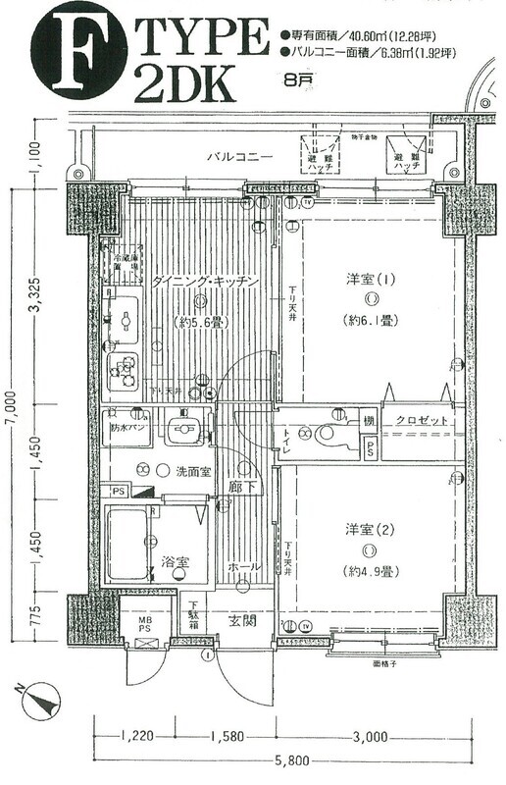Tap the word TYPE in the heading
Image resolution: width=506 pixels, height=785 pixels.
pos(204,38)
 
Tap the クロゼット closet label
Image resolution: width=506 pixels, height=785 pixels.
pos(423,420)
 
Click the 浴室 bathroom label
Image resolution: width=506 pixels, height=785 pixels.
pos(176,562)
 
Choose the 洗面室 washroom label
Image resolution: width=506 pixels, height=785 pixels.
pos(192,471)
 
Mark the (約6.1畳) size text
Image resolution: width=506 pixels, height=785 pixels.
pos(371,321)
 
